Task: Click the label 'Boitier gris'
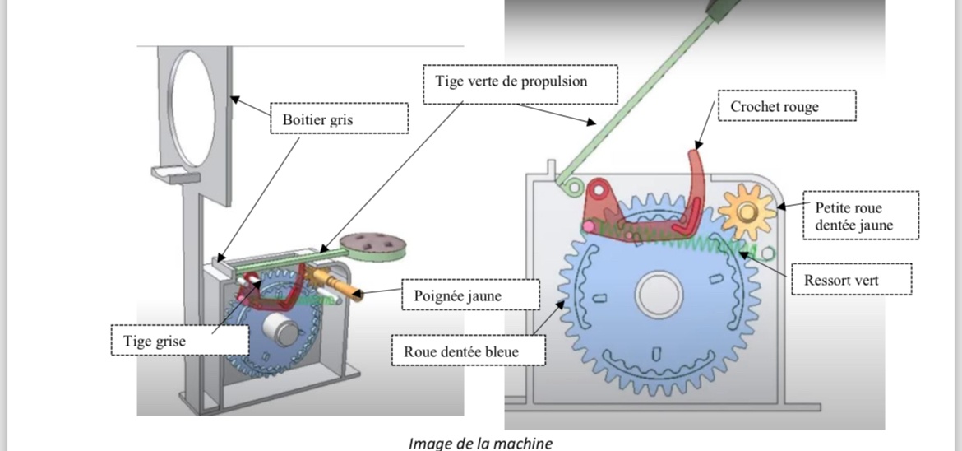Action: pyautogui.click(x=340, y=118)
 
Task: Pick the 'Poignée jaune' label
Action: pyautogui.click(x=469, y=295)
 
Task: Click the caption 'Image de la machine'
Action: pyautogui.click(x=480, y=443)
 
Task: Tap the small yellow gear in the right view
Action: pyautogui.click(x=746, y=213)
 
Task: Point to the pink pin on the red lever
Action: pyautogui.click(x=589, y=225)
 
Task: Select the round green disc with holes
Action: pyautogui.click(x=372, y=244)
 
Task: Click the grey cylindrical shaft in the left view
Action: pyautogui.click(x=284, y=332)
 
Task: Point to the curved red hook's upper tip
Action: pyautogui.click(x=696, y=148)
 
